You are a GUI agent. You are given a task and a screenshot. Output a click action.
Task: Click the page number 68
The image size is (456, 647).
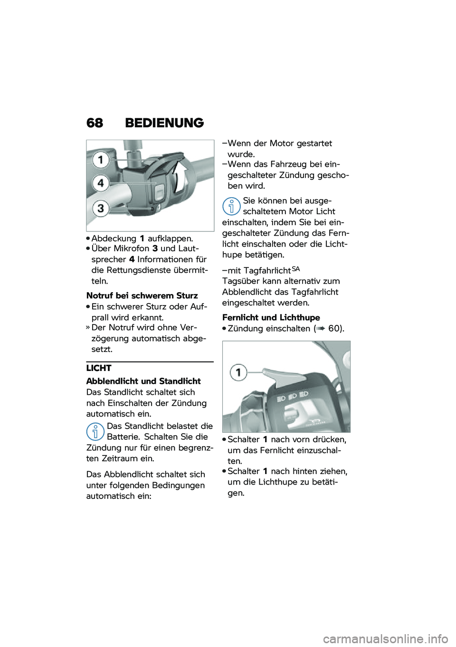coord(95,123)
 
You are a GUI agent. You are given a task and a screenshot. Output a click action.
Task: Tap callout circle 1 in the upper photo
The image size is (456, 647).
coord(101,160)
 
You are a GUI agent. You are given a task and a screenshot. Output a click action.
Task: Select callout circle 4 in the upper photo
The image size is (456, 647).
coord(101,183)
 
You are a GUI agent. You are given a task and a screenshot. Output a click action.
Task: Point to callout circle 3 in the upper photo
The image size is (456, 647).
coord(101,208)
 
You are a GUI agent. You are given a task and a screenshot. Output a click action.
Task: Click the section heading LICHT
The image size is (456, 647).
coord(99,368)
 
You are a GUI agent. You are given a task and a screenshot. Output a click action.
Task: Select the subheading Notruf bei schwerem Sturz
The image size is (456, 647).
coord(142,296)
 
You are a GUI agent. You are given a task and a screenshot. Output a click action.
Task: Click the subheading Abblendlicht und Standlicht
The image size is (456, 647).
coord(143,381)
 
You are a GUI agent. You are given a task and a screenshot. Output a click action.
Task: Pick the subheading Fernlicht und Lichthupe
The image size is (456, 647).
coord(271,317)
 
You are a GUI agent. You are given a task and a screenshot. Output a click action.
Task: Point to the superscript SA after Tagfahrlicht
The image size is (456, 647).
coord(295,269)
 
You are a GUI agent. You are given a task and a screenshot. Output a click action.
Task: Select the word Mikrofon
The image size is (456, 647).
coord(130,248)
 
